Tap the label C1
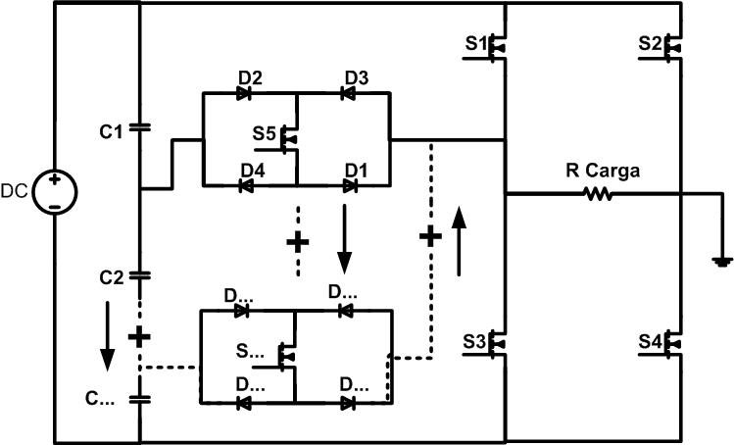[111, 129]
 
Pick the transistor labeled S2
[671, 46]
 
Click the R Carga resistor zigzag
[599, 194]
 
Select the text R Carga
[602, 172]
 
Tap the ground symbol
[721, 262]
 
